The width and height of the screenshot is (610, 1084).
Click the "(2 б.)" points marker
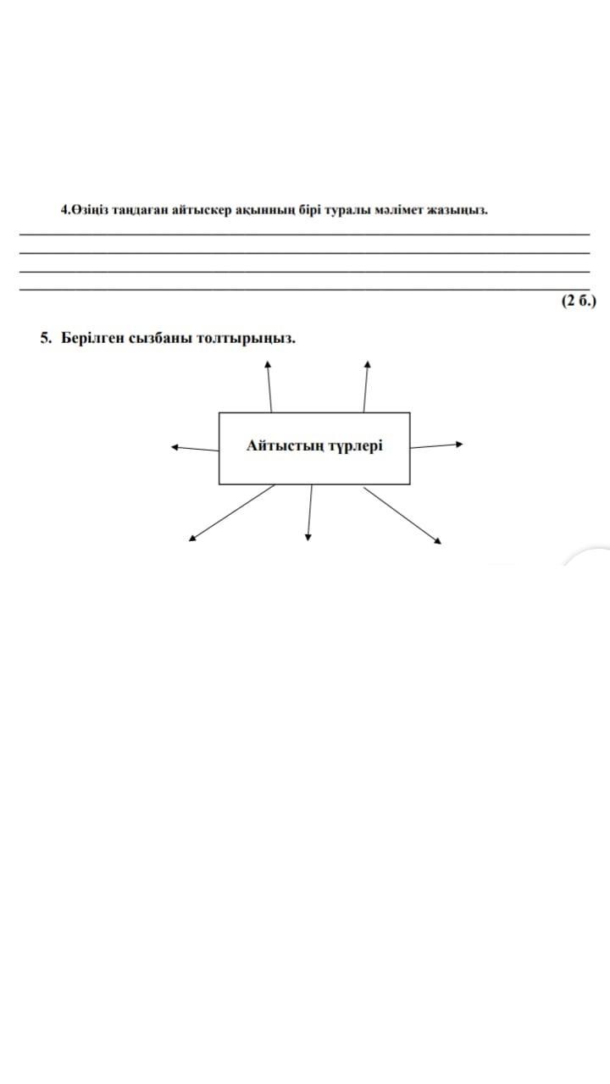579,300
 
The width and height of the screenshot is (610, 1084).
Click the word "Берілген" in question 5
92,338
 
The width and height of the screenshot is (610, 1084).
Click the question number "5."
46,338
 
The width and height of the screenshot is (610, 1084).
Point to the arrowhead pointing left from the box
175,447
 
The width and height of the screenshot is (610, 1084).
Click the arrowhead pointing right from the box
459,443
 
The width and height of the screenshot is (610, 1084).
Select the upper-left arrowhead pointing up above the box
269,364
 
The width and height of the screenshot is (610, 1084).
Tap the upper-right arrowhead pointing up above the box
367,364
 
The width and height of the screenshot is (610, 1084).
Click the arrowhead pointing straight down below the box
308,536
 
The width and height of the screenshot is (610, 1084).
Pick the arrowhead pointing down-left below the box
192,537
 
